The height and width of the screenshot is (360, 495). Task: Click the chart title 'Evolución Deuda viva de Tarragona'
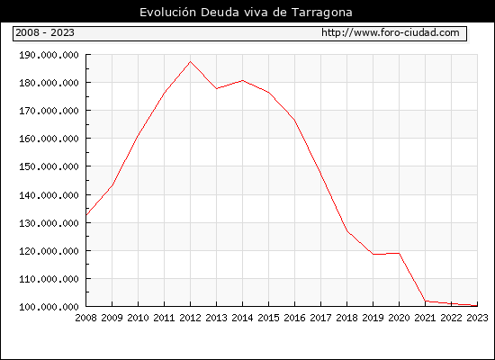pos(246,13)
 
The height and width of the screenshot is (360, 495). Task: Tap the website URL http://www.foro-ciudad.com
pos(391,32)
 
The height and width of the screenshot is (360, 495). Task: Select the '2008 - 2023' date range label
pos(45,32)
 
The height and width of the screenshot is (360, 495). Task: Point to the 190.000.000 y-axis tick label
pos(49,55)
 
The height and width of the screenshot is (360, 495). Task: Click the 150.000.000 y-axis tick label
pos(49,166)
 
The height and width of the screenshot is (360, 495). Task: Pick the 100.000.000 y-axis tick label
pos(49,307)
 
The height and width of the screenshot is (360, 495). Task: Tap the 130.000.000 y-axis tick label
pos(49,223)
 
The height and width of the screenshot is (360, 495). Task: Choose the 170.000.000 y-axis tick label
pos(49,111)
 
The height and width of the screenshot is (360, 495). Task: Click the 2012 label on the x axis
pos(191,318)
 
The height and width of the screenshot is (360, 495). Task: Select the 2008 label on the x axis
pos(85,318)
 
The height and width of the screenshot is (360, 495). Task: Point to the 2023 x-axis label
pos(477,318)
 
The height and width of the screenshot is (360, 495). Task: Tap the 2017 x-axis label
pos(320,318)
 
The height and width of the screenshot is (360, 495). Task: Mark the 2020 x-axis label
pos(399,318)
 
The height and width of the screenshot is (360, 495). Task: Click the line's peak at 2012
pos(191,61)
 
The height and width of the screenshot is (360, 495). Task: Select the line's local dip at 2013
pos(217,88)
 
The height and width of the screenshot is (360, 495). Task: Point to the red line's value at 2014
pos(242,80)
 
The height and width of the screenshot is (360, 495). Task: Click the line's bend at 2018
pos(346,230)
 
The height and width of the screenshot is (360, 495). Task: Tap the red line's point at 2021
pos(425,301)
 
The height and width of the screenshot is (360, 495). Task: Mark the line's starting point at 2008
pos(86,215)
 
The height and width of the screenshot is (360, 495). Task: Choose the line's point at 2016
pos(295,120)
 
